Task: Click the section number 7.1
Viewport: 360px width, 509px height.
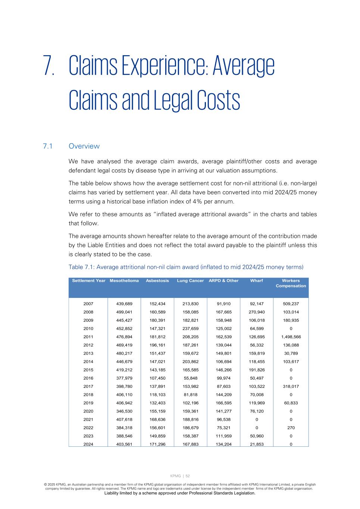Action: [x=47, y=146]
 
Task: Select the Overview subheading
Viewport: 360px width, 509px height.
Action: [x=84, y=146]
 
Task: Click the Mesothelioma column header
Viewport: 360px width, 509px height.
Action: [x=124, y=281]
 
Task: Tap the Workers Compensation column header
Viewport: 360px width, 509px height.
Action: [x=291, y=283]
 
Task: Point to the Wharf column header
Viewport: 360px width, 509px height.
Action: [x=256, y=281]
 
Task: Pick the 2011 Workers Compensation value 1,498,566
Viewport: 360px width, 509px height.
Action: [x=291, y=337]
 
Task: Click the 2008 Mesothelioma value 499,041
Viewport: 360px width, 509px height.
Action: [x=124, y=312]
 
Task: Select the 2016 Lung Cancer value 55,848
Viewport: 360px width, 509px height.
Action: [x=190, y=378]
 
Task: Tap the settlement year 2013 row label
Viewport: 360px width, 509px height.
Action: [x=88, y=354]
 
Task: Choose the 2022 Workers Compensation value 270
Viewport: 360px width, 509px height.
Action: [x=291, y=428]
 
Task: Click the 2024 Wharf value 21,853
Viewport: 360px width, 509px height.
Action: [x=256, y=444]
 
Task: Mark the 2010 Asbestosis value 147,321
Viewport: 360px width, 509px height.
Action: [x=157, y=329]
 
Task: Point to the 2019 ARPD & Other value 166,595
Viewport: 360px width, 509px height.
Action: [x=223, y=403]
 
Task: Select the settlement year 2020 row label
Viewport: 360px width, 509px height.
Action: [x=88, y=411]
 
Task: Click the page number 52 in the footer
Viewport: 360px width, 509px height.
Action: [x=188, y=476]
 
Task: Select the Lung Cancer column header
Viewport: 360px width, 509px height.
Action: [x=190, y=281]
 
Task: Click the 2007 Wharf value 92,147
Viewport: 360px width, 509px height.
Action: [x=256, y=304]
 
